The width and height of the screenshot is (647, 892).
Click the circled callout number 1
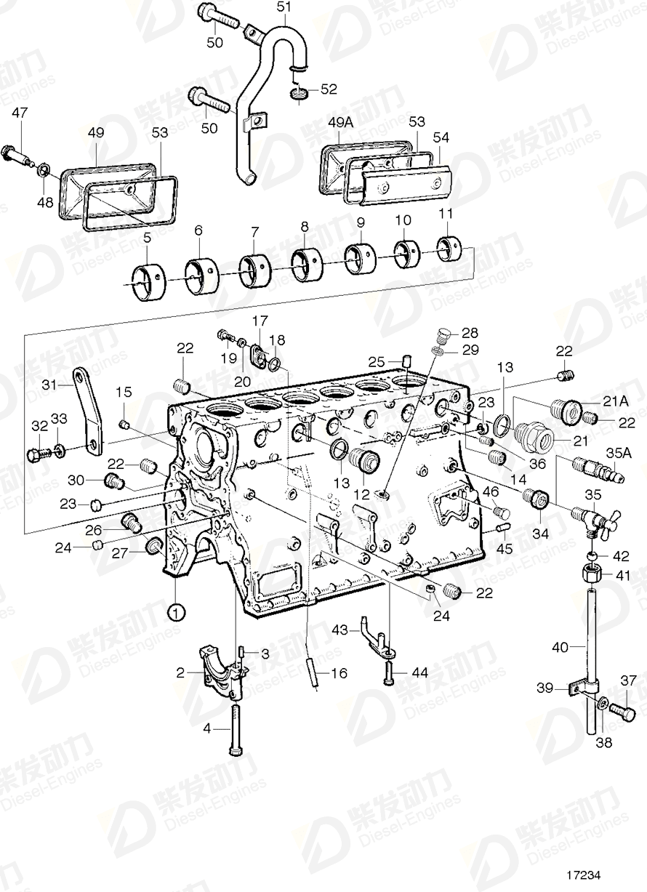point(175,612)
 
